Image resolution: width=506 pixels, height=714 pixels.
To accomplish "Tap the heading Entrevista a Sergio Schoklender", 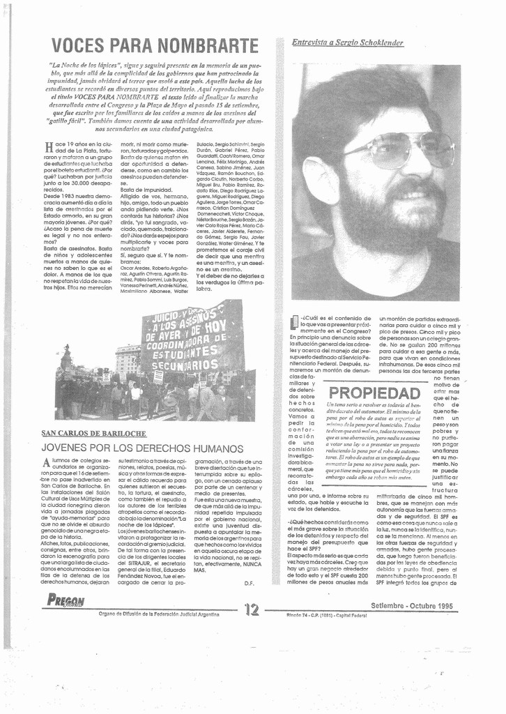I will click(x=347, y=43).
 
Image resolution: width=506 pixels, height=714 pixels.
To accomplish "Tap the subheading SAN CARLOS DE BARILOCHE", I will click(x=93, y=433).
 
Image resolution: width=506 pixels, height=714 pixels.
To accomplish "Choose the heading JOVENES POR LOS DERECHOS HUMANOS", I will click(x=141, y=448).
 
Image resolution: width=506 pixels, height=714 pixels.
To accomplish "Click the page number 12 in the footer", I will click(x=252, y=609).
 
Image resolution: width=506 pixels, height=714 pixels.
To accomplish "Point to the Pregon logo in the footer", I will click(x=66, y=600).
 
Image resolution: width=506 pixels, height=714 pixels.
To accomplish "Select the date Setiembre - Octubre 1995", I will click(x=413, y=605).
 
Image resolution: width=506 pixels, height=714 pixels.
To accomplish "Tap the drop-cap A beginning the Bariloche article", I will click(x=46, y=464).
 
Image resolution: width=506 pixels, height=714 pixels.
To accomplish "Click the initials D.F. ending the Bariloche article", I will click(x=250, y=582).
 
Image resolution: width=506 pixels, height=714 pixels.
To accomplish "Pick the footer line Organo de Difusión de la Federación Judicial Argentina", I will click(x=159, y=614).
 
